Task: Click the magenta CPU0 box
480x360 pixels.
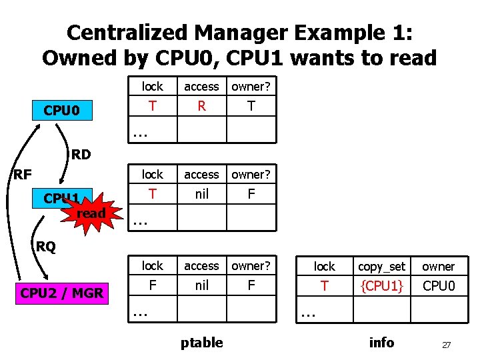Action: [62, 109]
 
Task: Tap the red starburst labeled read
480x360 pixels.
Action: [91, 213]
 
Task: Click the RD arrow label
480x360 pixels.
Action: [81, 155]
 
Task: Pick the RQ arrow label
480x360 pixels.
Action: [46, 247]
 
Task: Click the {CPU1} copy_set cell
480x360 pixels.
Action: [381, 287]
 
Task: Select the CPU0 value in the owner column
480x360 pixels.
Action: [438, 287]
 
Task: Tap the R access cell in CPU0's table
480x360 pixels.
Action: [201, 106]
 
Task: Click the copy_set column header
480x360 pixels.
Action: [381, 267]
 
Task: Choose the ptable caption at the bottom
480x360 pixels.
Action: [201, 343]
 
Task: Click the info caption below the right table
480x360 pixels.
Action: [381, 343]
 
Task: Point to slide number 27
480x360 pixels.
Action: [447, 345]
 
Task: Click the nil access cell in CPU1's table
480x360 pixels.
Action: [201, 193]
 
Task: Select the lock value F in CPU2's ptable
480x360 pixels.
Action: [153, 285]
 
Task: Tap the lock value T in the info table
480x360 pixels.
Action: [325, 287]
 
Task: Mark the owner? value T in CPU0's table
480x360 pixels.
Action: [250, 106]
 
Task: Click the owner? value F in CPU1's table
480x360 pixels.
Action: [250, 193]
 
